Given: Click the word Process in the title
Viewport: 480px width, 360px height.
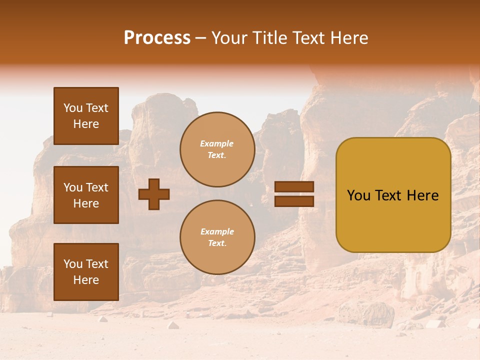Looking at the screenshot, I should point(157,38).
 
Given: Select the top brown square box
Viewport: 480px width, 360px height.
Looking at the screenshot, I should point(86,116).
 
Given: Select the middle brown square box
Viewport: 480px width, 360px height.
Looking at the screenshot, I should point(86,195).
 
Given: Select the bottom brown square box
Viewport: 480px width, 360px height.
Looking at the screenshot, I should point(86,272).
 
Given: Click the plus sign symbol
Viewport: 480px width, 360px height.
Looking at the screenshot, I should point(154,194).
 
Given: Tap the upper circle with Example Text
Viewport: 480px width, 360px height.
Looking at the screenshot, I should point(217,149).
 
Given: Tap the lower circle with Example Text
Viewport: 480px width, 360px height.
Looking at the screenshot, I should point(217,237).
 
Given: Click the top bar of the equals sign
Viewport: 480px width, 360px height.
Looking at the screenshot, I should point(294,187).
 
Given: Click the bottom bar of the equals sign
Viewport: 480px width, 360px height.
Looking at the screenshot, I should point(294,201).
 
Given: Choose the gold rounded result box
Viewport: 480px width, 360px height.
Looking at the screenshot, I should point(393,195).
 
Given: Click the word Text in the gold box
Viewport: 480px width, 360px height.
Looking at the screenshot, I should point(392,195).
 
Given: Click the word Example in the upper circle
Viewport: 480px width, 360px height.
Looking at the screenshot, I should point(217,143).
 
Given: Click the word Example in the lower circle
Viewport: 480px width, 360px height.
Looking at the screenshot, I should point(217,231).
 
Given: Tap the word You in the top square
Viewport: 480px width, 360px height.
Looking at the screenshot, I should point(73,108).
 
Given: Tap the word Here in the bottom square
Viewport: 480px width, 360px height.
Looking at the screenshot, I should point(86,280).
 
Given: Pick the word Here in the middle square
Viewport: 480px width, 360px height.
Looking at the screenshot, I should point(86,203).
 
